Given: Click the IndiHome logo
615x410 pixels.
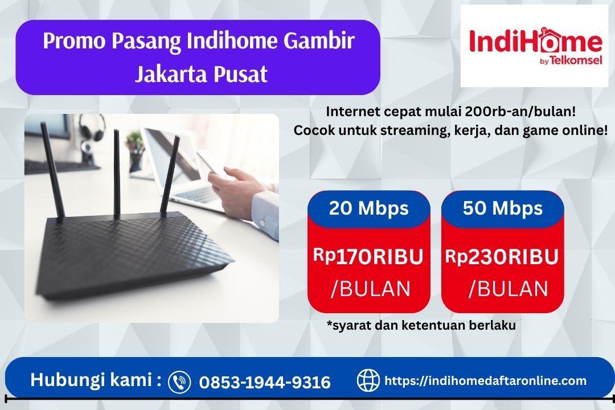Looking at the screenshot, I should pos(535,46).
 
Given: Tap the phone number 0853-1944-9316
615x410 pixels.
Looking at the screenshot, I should pos(265,382).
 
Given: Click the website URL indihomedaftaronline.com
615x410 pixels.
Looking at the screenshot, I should pos(486,380).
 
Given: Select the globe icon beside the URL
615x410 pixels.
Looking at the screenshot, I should pos(368,380).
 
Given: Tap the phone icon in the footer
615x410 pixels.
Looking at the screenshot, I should pos(180,381).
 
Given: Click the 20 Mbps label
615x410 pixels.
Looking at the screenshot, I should pos(368,208).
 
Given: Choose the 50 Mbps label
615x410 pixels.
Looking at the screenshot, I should pos(502,208).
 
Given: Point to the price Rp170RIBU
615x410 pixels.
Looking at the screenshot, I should pos(368,257).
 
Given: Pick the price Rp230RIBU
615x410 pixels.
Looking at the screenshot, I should pos(502,257).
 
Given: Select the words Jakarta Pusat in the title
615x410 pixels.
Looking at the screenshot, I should pos(200,74).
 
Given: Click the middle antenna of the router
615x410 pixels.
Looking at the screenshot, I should pos(116,171).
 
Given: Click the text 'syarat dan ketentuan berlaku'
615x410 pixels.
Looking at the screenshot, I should pos(421,326).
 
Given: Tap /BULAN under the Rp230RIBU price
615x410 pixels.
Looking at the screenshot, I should pos(508,289).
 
